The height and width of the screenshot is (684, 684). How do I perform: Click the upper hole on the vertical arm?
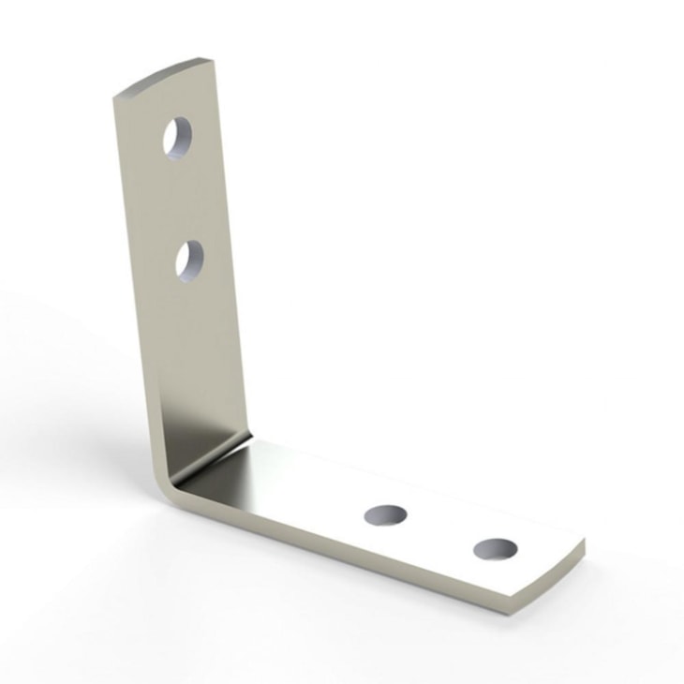point(178,139)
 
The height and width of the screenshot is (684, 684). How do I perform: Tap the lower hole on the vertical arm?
point(190,260)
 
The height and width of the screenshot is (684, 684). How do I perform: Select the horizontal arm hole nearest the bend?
point(385,514)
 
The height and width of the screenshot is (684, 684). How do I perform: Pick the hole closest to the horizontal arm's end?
point(496,549)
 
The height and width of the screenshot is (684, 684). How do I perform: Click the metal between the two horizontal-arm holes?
point(440,531)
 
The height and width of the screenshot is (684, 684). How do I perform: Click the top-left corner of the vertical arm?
point(115,97)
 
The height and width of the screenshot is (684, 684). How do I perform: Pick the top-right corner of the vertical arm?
point(214,62)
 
